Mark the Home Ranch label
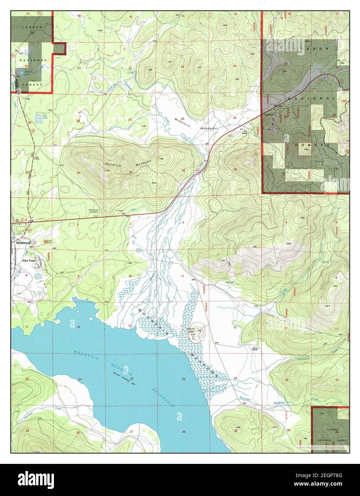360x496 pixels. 255,349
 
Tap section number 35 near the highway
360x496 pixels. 183,171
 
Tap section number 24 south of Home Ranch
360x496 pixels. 235,378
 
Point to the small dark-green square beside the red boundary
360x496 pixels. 60,48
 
